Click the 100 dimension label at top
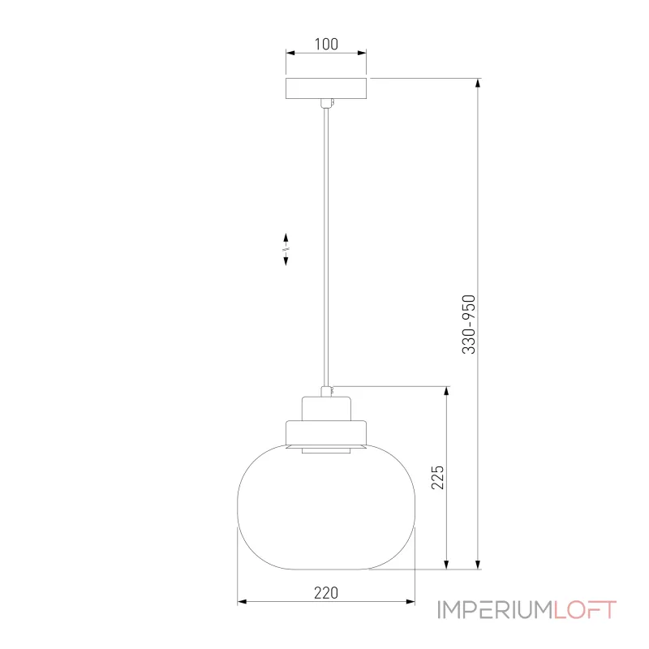tap(325, 45)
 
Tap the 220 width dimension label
tap(325, 592)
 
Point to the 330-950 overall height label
tap(468, 324)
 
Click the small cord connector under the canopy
tap(326, 103)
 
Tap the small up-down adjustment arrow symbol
tap(286, 248)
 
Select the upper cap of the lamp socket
tap(325, 408)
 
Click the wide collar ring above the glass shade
tap(325, 433)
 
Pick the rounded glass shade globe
tap(325, 511)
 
